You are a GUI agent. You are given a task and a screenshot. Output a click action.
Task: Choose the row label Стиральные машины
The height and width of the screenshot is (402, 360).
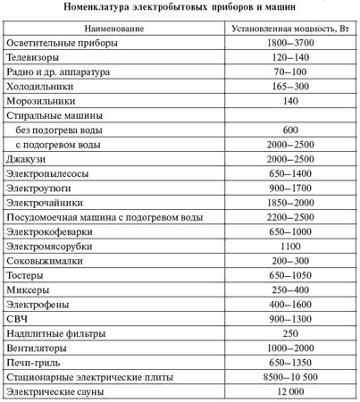click(x=54, y=116)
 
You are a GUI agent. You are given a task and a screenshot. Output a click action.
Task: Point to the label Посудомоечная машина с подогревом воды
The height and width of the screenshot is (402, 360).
click(x=100, y=217)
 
